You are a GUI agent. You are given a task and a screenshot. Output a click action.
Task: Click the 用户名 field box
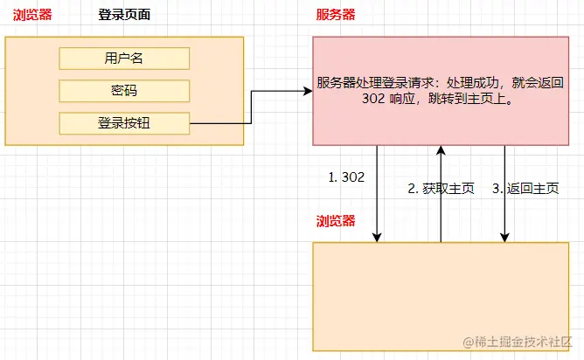pos(124,59)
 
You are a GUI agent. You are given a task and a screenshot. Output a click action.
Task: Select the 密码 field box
pos(124,91)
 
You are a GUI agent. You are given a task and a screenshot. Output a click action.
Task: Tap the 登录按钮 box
pos(124,123)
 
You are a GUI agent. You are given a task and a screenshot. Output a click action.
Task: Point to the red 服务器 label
pos(336,16)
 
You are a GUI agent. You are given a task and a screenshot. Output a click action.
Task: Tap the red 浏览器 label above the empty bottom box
pos(336,221)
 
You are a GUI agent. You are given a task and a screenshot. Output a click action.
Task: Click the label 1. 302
pos(346,177)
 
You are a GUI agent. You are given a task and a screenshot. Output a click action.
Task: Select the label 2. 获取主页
pos(441,188)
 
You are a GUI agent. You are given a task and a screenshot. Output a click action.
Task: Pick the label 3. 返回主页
pos(525,188)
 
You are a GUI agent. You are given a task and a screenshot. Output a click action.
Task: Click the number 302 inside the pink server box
pos(373,100)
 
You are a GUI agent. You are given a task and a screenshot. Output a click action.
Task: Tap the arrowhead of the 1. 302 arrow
pos(378,236)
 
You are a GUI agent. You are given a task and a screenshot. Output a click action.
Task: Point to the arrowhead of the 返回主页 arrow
pos(505,236)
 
